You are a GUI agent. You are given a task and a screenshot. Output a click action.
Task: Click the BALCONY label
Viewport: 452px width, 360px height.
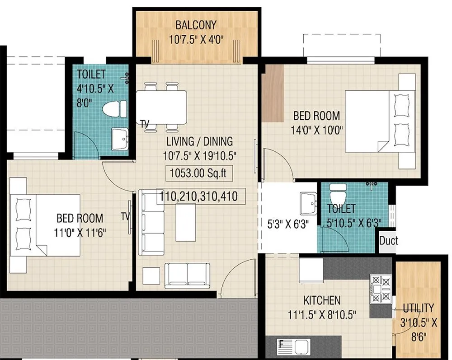point(196,24)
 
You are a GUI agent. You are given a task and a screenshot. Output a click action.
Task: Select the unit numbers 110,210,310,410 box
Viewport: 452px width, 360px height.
point(201,196)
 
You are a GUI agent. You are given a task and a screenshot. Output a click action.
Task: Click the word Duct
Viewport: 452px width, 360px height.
point(388,240)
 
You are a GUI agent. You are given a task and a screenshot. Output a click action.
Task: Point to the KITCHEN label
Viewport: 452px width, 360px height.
point(322,300)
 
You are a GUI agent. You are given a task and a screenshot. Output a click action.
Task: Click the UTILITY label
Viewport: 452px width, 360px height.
point(418,309)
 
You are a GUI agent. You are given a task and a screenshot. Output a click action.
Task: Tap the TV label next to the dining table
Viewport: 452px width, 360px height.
point(145,123)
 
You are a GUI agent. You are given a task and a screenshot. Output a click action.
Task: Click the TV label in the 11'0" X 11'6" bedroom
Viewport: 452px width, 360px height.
point(125,216)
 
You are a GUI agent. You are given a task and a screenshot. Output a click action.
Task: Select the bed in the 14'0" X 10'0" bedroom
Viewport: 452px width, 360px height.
point(380,122)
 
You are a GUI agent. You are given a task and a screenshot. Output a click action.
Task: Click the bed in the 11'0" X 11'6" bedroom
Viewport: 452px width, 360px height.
point(45,224)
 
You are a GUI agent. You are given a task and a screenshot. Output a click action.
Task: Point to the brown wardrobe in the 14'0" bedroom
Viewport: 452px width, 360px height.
point(273,92)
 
